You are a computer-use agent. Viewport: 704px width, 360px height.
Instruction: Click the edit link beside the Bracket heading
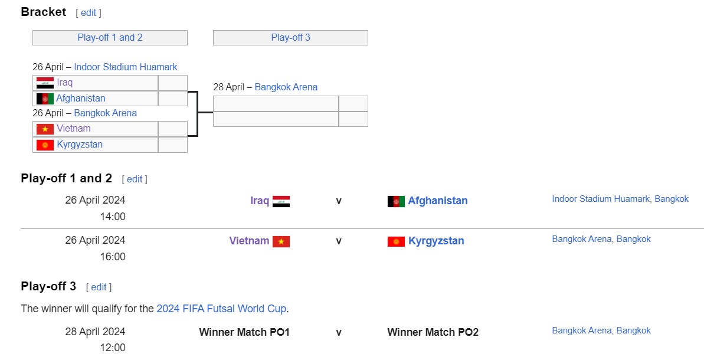(x=89, y=12)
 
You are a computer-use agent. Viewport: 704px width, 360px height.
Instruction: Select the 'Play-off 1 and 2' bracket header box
(x=110, y=38)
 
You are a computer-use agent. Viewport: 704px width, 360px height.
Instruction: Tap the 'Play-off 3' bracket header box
(x=290, y=38)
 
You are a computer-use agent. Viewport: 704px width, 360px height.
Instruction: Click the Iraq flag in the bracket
(x=45, y=83)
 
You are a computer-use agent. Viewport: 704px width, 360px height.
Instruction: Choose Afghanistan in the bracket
(x=81, y=99)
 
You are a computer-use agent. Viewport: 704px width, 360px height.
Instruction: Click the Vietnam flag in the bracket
(x=45, y=129)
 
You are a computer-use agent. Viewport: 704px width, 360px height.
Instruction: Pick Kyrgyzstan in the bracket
(x=80, y=145)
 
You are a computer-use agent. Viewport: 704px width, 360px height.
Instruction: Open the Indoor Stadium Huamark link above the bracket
(x=126, y=67)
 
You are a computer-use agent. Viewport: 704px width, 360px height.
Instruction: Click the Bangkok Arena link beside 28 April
(x=286, y=87)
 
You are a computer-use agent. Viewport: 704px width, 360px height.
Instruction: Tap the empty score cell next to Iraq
(x=173, y=83)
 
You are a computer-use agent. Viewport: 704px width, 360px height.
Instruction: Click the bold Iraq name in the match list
(x=260, y=201)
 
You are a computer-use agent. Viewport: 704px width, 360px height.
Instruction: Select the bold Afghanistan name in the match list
(x=438, y=201)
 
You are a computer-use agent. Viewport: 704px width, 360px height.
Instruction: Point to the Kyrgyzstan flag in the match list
(x=396, y=241)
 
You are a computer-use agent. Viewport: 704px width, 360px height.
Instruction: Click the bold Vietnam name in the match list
(x=249, y=241)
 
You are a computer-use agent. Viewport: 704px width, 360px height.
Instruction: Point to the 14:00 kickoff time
(x=113, y=217)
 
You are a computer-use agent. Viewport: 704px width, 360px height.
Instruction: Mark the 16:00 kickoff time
(x=113, y=257)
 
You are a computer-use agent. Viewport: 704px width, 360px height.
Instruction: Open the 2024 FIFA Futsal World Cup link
(x=221, y=309)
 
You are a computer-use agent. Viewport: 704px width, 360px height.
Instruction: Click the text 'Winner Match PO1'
(x=244, y=332)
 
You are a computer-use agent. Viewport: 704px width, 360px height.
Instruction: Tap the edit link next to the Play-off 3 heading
(x=99, y=287)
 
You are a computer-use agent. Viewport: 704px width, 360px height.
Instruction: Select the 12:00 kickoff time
(x=113, y=348)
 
